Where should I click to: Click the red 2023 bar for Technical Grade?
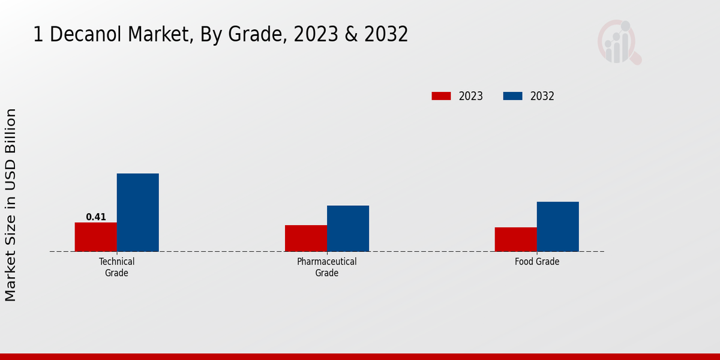96,237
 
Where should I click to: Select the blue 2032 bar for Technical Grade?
138,212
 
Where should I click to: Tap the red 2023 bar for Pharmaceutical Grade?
306,238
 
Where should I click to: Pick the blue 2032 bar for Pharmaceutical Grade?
348,229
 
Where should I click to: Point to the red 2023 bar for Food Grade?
516,239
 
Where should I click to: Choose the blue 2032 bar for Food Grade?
558,226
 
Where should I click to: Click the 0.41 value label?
96,217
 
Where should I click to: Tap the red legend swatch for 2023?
441,96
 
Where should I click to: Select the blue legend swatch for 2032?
512,96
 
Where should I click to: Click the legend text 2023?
471,96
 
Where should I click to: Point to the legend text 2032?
542,96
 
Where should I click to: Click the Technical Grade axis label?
117,267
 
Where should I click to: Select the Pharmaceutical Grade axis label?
327,267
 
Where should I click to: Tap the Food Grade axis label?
537,262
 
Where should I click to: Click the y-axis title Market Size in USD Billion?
11,205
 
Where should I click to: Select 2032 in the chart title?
388,35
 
